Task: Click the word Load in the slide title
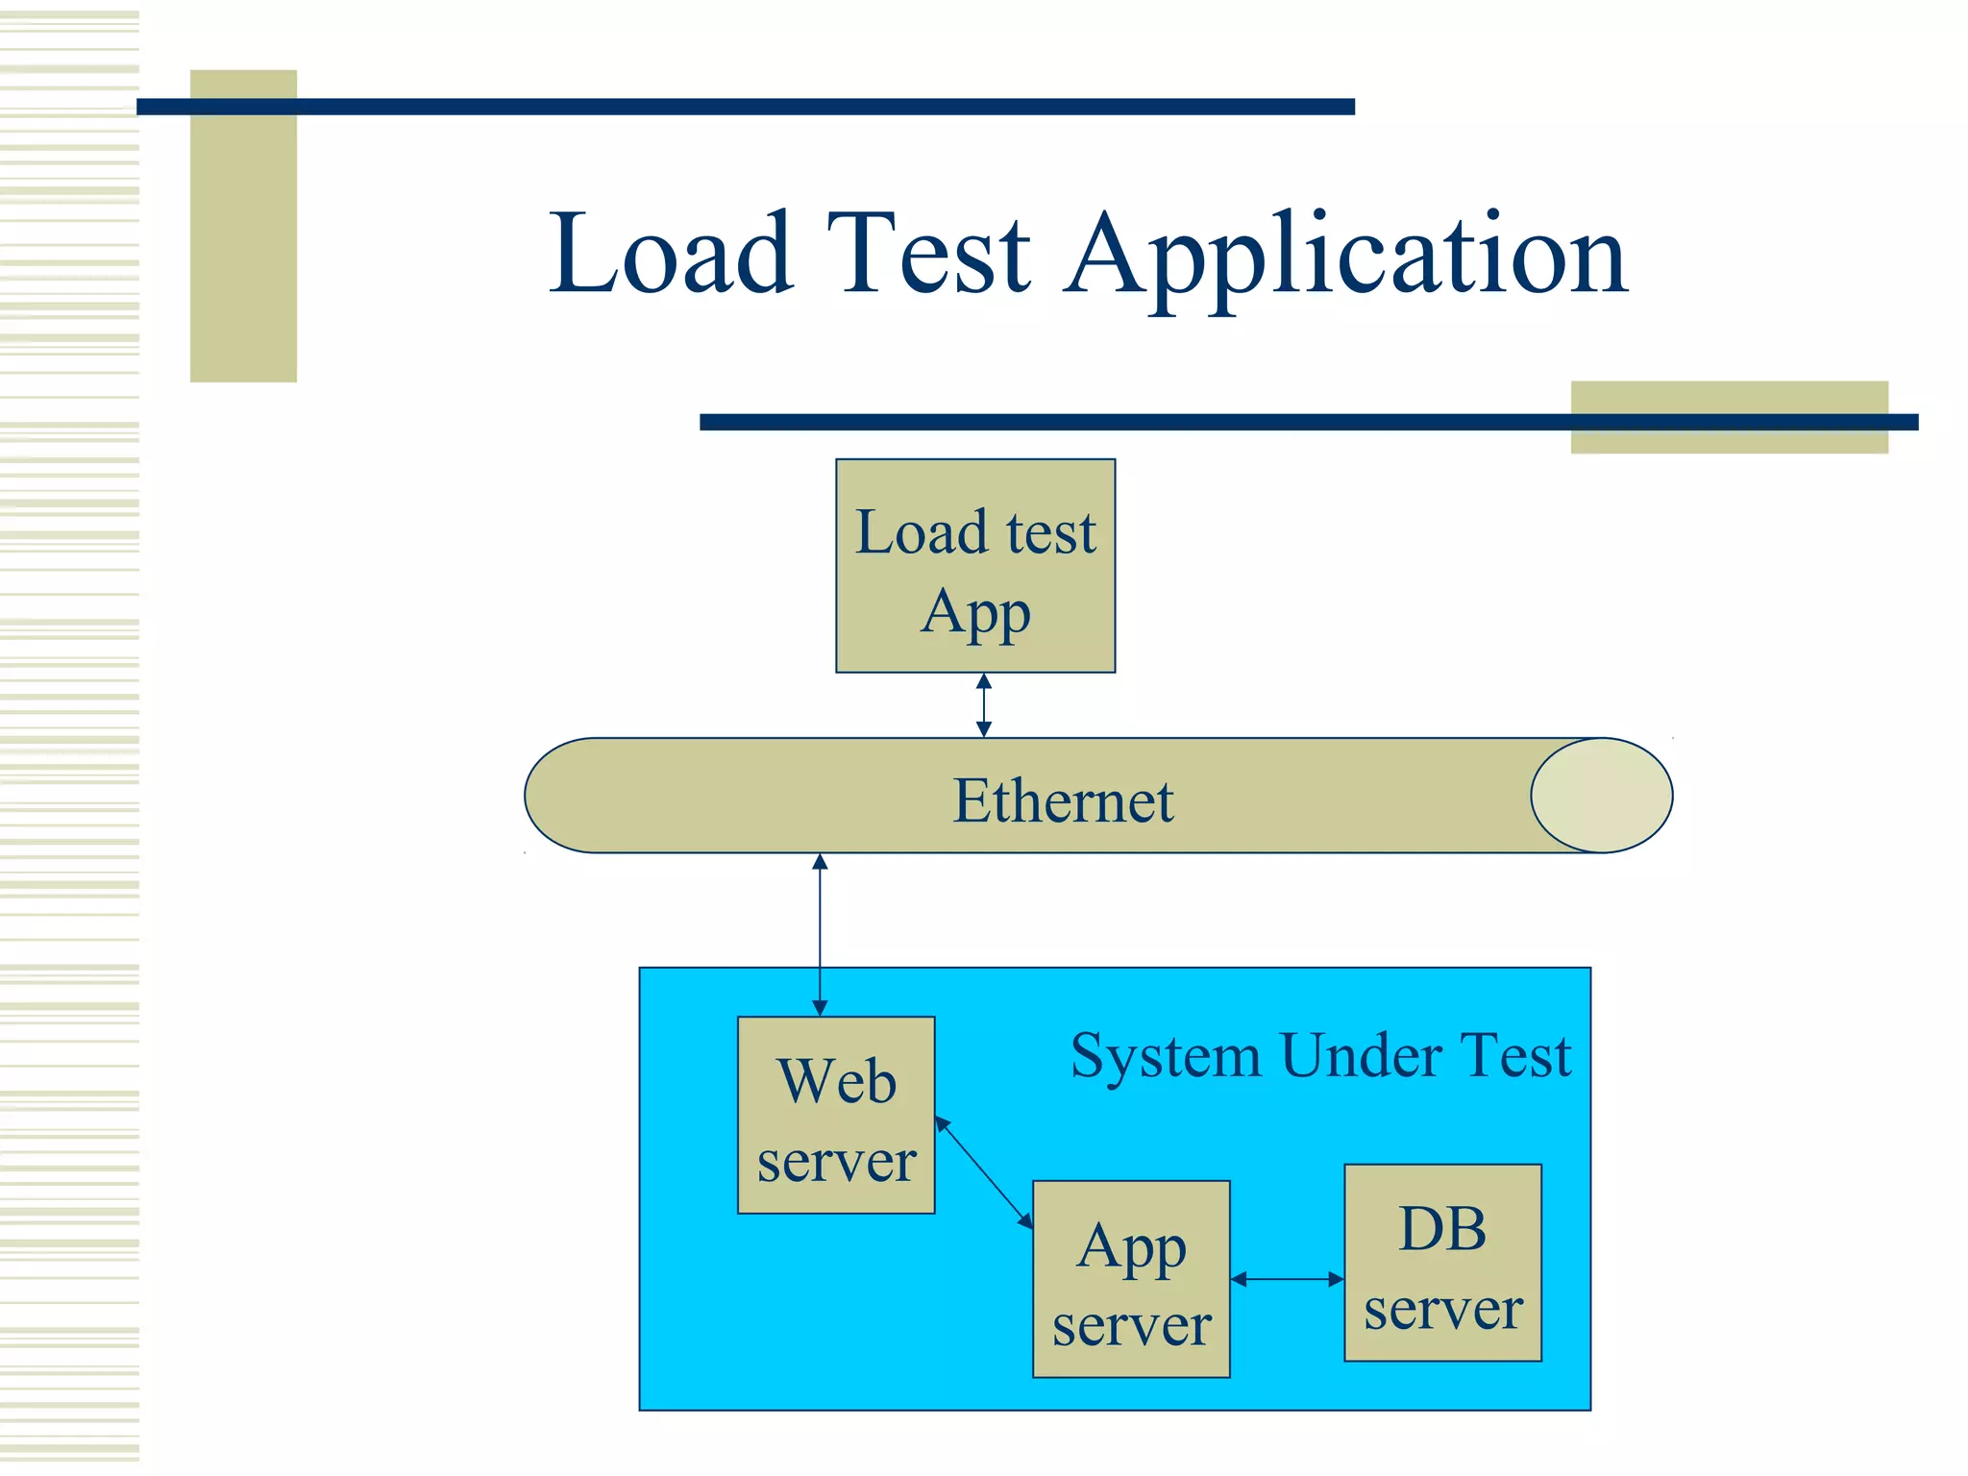coord(671,255)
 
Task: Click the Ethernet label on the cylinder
coord(1063,800)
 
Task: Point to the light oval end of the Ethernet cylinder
coord(1602,796)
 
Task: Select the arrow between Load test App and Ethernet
coord(983,705)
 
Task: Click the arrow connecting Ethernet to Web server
coord(820,934)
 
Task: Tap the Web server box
coord(836,1116)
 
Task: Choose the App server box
coord(1131,1279)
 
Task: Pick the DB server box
coord(1442,1263)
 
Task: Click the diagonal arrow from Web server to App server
coord(983,1172)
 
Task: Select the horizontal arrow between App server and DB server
coord(1287,1279)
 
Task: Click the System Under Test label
coord(1320,1055)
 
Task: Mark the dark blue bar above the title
coord(745,107)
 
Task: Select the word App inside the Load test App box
coord(975,613)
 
